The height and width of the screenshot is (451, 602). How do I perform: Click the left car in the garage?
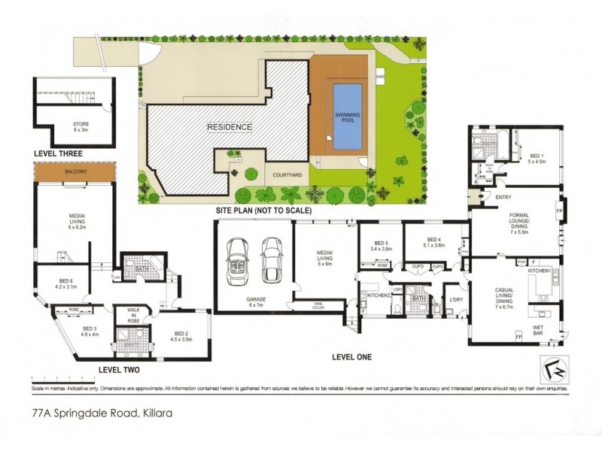[x=239, y=259]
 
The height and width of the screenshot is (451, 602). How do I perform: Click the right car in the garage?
[x=271, y=259]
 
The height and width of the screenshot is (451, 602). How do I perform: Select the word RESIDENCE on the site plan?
[x=230, y=127]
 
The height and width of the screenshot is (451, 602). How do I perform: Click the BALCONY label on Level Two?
[x=76, y=172]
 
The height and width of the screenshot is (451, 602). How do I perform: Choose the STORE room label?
[x=81, y=126]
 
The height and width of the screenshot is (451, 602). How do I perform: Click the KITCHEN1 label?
[x=539, y=269]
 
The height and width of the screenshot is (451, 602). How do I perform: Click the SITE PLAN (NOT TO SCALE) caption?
[x=263, y=211]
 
